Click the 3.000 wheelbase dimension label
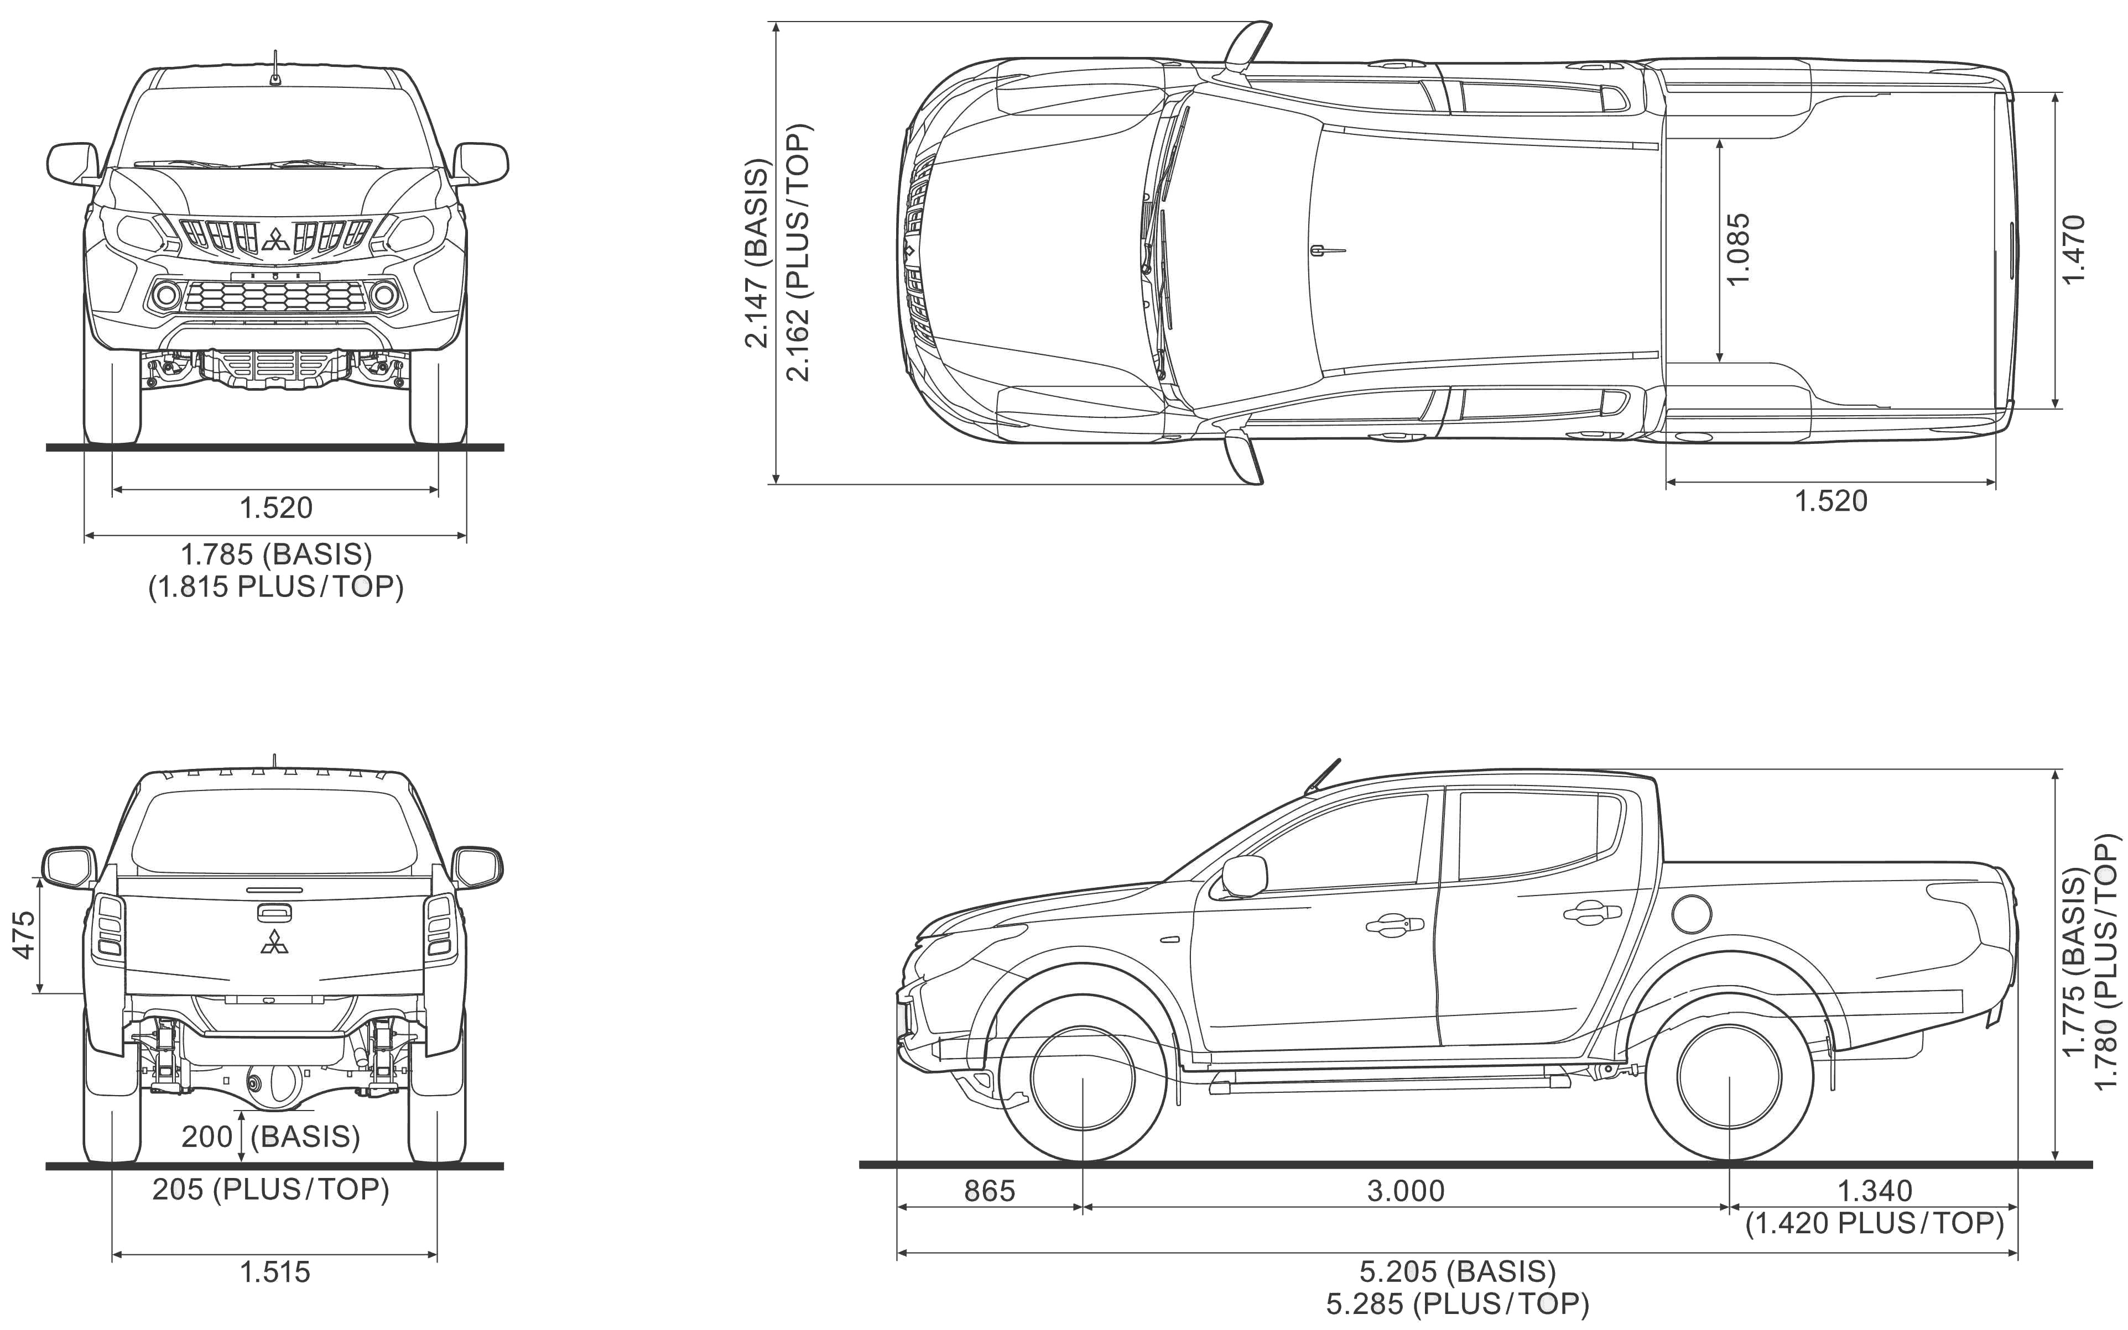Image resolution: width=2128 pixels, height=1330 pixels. (x=1406, y=1190)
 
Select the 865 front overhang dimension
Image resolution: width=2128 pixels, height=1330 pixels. (x=989, y=1190)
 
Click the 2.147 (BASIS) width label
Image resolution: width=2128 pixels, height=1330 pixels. (x=757, y=253)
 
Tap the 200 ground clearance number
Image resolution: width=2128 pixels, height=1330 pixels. (x=206, y=1137)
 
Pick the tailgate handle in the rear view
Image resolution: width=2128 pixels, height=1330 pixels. (x=274, y=912)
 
